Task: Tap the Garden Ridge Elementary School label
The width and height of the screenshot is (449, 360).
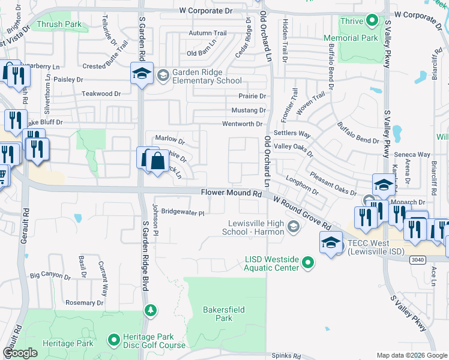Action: pyautogui.click(x=206, y=76)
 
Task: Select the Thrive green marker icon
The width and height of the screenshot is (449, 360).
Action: pyautogui.click(x=372, y=22)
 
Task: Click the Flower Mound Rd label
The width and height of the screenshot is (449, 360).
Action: pyautogui.click(x=231, y=194)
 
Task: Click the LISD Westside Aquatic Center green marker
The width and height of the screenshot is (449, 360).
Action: pyautogui.click(x=308, y=263)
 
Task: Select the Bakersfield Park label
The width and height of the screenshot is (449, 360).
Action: pyautogui.click(x=217, y=314)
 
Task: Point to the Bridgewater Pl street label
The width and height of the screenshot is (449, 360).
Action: pyautogui.click(x=182, y=212)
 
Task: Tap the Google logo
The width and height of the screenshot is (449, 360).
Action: pyautogui.click(x=20, y=353)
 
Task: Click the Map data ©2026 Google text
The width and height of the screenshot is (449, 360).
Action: pyautogui.click(x=411, y=355)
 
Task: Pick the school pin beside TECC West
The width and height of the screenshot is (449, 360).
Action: pyautogui.click(x=330, y=243)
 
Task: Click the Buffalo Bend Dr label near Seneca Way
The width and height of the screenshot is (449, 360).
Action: pyautogui.click(x=358, y=134)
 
